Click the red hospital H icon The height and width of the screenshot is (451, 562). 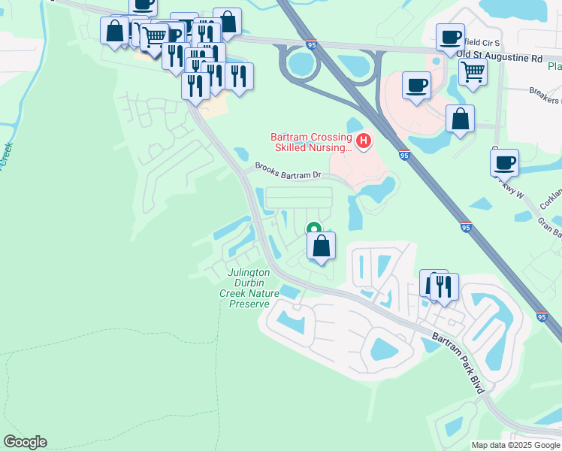tap(364, 141)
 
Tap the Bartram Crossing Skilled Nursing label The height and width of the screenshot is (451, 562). tap(311, 143)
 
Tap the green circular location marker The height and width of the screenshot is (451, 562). tap(313, 230)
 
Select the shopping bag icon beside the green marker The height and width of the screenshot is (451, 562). tap(321, 246)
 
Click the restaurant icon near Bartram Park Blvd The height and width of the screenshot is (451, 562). tap(442, 286)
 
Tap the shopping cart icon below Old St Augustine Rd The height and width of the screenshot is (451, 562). tap(473, 72)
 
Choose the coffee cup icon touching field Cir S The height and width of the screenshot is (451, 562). tap(451, 37)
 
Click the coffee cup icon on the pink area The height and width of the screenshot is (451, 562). tap(415, 85)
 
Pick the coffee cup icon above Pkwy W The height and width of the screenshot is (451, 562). tap(504, 162)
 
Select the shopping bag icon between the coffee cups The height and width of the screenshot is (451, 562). tap(460, 119)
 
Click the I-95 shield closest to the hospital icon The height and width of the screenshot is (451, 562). tap(404, 155)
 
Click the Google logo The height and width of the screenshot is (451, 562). tap(25, 442)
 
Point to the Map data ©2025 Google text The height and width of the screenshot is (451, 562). tap(515, 445)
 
